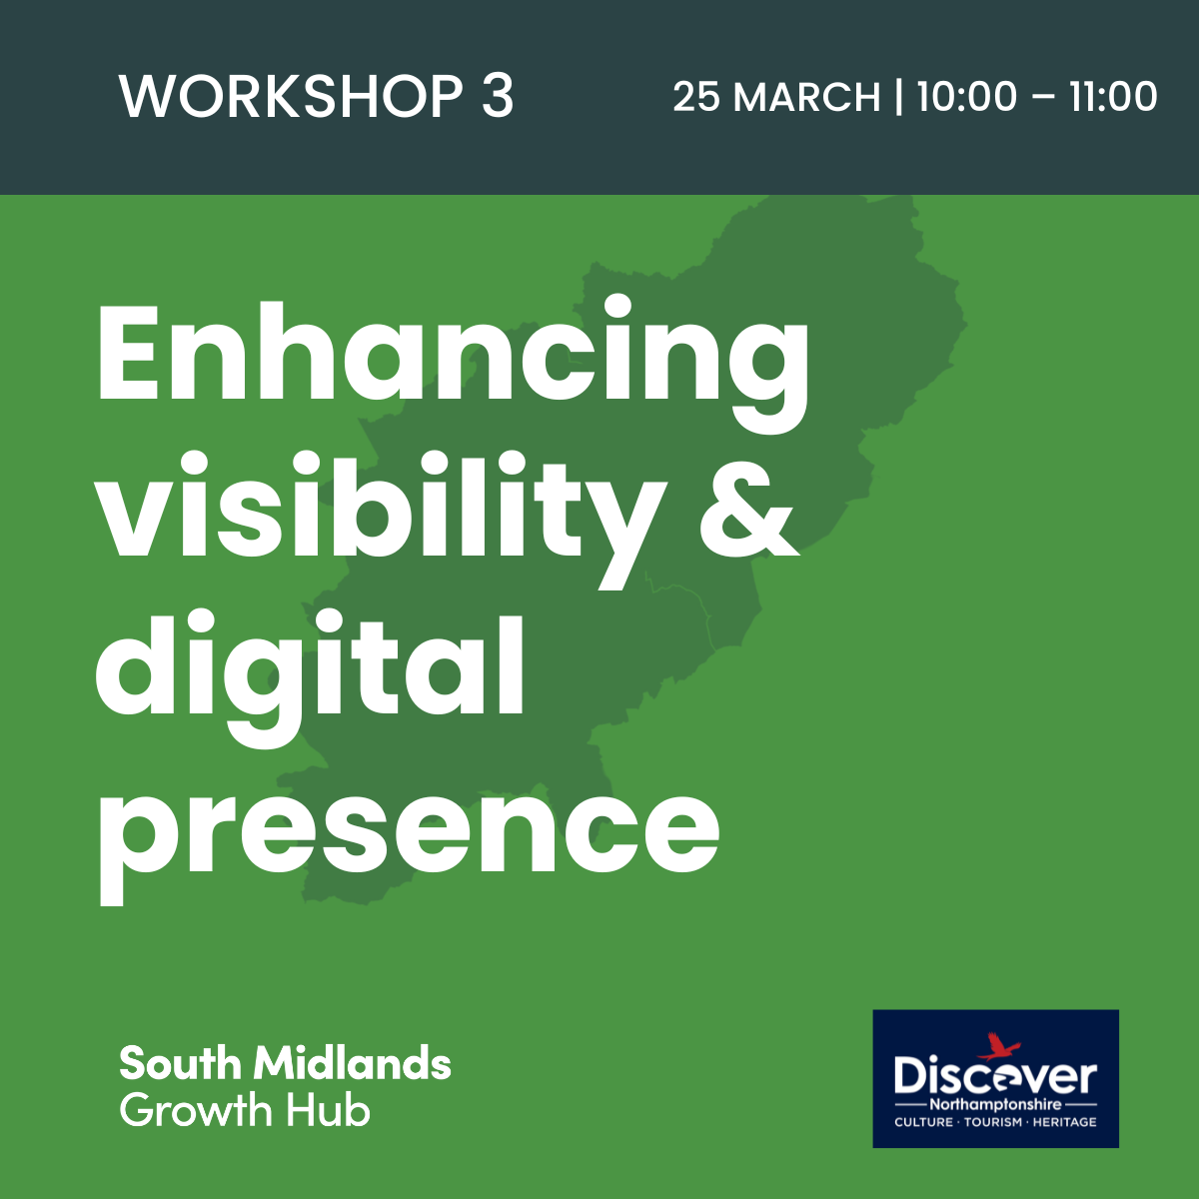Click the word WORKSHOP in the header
291,97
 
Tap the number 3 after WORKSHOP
498,97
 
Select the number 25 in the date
696,97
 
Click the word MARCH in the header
807,97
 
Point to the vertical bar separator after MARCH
898,97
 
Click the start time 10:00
967,97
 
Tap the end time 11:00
1113,97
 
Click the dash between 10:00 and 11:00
1043,99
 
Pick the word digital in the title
309,677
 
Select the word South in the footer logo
180,1063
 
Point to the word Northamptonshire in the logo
995,1105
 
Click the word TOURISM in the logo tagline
993,1122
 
